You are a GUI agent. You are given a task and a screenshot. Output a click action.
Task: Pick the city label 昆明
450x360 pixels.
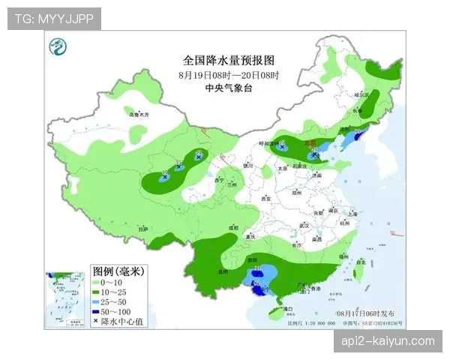tap(223, 271)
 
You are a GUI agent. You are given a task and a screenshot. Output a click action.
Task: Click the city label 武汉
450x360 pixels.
tap(304, 225)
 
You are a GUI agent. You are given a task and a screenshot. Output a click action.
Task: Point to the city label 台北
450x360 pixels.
tap(361, 262)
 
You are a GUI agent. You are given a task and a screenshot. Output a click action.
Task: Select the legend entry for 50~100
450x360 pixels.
tap(112, 310)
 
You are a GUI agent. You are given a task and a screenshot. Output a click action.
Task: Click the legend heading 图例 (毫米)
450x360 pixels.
tap(119, 269)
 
